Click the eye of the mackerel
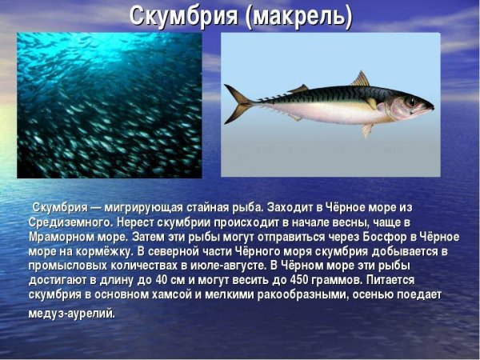[x=411, y=101]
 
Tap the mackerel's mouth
[x=431, y=106]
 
